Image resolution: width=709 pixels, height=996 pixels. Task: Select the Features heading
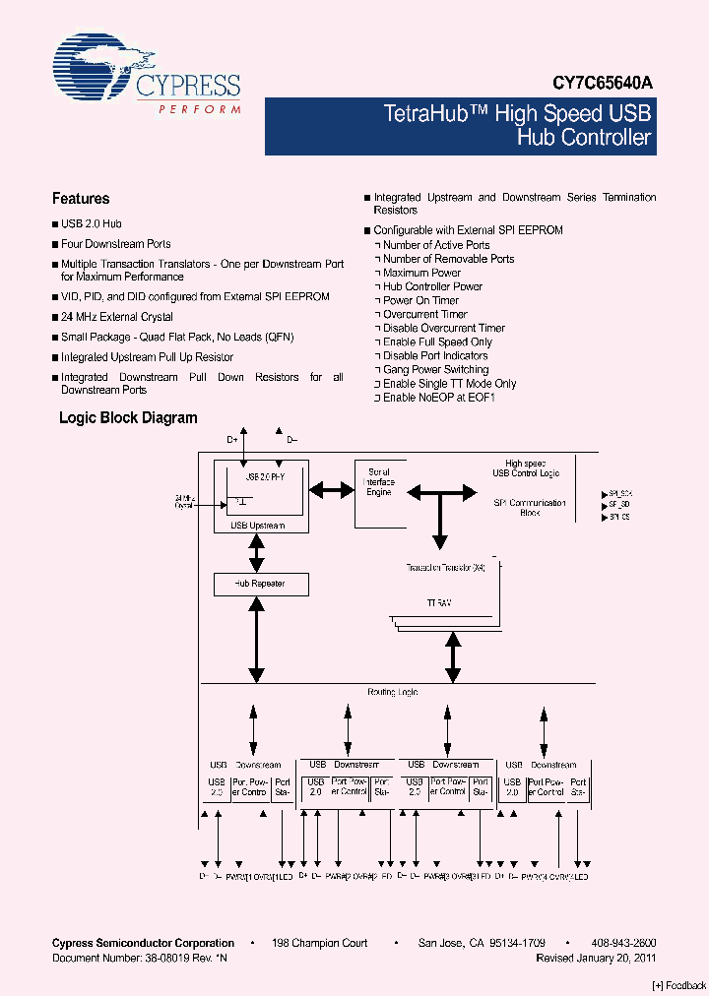point(81,199)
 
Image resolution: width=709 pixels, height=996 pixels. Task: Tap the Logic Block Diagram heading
point(128,418)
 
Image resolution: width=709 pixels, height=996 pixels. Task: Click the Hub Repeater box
point(260,584)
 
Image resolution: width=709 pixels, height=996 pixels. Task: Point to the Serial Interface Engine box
point(379,482)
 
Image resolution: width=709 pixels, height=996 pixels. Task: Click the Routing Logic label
point(393,693)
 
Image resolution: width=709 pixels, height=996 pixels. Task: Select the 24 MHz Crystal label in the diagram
point(184,501)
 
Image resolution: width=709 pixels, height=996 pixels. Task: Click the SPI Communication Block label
point(530,508)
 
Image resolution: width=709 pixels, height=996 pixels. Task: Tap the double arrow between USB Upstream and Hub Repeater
point(257,554)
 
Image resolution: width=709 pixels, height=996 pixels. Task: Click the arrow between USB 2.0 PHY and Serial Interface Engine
point(332,488)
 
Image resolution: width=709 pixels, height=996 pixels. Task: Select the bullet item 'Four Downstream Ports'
point(115,244)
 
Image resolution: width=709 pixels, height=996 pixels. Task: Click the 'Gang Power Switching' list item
point(435,370)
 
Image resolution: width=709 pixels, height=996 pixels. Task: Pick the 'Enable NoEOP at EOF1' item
point(438,398)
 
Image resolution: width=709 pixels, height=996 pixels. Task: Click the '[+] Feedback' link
point(679,985)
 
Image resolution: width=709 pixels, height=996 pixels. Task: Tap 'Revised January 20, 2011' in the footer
point(596,957)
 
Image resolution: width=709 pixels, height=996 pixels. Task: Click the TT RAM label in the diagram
point(439,601)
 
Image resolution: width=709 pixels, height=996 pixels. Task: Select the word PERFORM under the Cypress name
point(200,109)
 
